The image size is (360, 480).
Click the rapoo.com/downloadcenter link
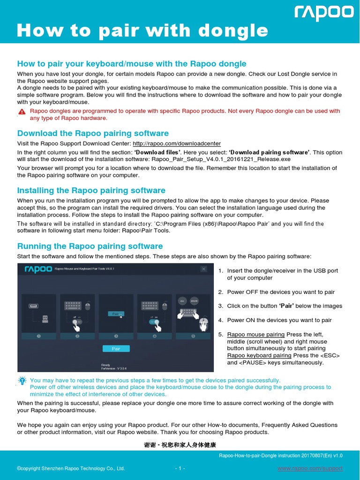click(x=177, y=143)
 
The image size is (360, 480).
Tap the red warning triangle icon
click(x=22, y=112)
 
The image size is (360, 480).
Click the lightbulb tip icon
click(x=22, y=380)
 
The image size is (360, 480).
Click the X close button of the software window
click(x=203, y=269)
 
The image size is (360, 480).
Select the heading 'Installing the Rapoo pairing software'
click(x=91, y=190)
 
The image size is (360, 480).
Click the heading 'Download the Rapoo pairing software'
click(x=93, y=133)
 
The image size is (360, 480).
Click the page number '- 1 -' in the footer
click(x=180, y=469)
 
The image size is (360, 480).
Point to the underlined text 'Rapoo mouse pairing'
click(x=255, y=334)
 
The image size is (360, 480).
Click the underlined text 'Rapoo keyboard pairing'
click(x=259, y=355)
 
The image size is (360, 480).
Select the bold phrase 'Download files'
click(x=157, y=152)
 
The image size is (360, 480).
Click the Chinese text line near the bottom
click(x=180, y=444)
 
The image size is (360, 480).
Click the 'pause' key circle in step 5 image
click(x=195, y=300)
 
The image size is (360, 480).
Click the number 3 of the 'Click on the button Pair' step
click(x=220, y=306)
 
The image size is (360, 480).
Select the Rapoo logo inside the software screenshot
click(x=36, y=269)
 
